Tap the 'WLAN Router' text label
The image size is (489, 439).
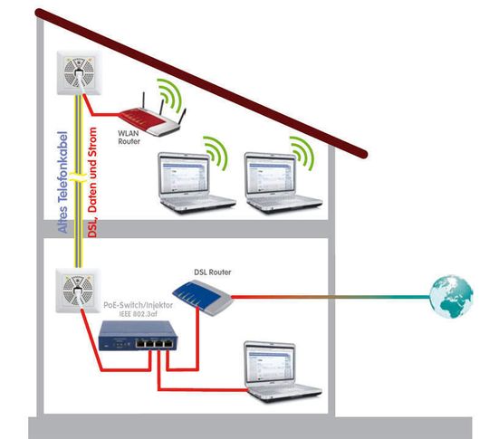point(129,138)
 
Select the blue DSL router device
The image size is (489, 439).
point(203,297)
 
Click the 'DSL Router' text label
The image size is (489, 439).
point(213,272)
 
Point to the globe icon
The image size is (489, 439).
point(451,296)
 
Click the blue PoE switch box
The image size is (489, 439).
point(138,336)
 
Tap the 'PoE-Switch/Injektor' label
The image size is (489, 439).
point(139,305)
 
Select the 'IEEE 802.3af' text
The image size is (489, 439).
point(139,314)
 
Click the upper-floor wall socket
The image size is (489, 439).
point(79,72)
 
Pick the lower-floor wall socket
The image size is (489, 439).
point(78,291)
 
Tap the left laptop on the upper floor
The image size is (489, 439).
point(197,183)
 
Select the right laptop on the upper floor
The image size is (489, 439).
point(283,183)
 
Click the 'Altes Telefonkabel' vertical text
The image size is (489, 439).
point(62,183)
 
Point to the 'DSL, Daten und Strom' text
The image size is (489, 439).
point(92,183)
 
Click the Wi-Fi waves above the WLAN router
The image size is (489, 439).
point(169,94)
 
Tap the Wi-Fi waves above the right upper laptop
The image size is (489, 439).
point(302,153)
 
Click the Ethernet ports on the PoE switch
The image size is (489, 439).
point(154,344)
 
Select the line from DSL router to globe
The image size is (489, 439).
point(331,297)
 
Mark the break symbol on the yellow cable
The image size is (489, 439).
point(78,177)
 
